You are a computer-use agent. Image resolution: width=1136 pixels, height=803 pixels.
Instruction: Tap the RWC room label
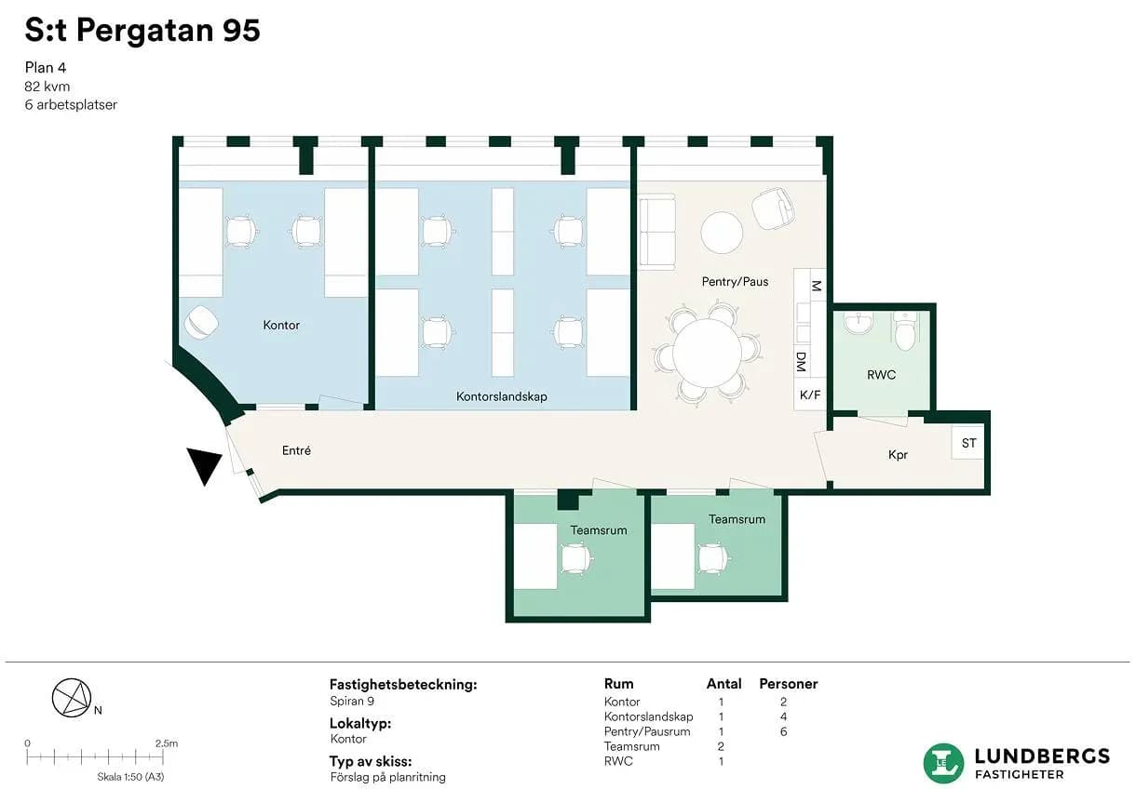(882, 375)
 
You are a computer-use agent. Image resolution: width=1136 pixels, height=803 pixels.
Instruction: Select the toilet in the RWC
(904, 332)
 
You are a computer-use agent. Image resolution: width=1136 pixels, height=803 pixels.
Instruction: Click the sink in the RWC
(859, 323)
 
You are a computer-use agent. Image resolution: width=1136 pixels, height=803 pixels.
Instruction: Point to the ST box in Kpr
(968, 443)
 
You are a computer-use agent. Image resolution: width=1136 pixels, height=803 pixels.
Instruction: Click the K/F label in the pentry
(809, 395)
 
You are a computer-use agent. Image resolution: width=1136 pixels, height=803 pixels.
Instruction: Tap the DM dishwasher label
(801, 362)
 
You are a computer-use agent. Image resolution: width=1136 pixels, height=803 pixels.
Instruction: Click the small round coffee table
(722, 233)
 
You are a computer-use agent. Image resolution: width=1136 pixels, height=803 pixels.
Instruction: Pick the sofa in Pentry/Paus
(657, 232)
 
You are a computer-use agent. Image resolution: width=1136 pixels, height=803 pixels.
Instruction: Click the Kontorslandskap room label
(502, 396)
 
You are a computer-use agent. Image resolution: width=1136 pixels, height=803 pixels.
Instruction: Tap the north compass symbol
(72, 698)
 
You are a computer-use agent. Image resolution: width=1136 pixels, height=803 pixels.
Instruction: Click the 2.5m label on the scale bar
(167, 743)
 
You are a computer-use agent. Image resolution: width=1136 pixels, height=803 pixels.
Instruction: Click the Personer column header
(788, 684)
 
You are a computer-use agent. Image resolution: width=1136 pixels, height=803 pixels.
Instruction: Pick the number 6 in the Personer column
(783, 731)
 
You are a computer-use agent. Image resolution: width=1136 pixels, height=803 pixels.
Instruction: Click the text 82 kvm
(47, 87)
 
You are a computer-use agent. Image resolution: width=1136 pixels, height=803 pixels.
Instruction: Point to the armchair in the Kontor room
(201, 322)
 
